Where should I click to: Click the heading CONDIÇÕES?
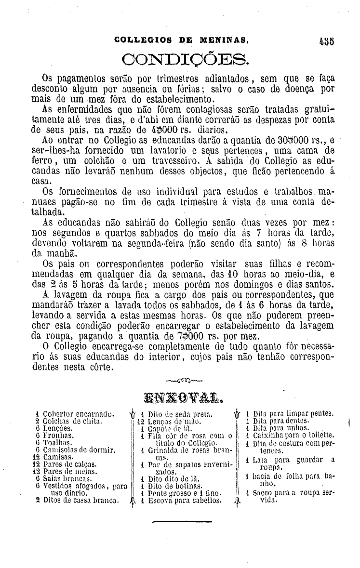click(x=186, y=60)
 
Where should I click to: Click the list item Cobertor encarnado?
click(x=79, y=414)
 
